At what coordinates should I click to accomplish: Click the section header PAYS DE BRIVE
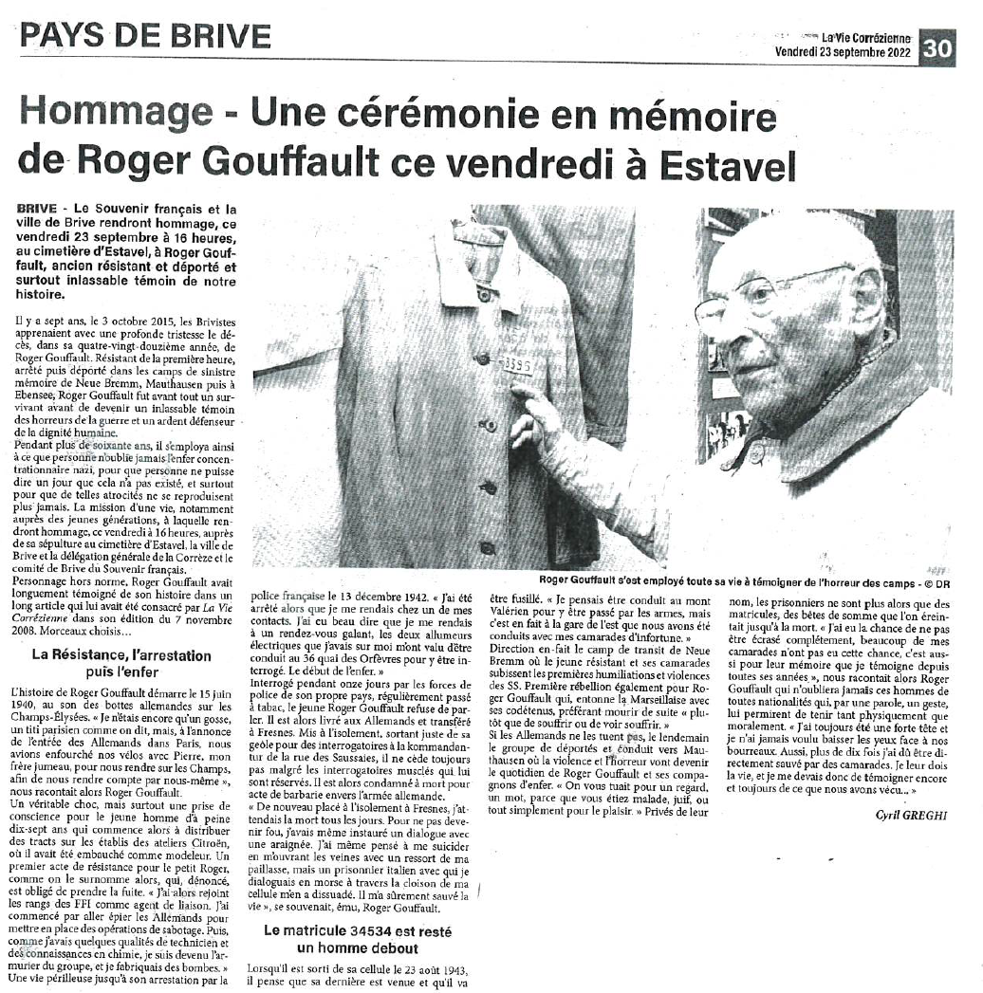pyautogui.click(x=145, y=35)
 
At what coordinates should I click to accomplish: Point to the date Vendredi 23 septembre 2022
pyautogui.click(x=843, y=52)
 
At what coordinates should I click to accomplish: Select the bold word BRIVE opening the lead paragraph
pyautogui.click(x=36, y=208)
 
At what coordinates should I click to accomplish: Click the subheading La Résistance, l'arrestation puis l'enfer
pyautogui.click(x=121, y=664)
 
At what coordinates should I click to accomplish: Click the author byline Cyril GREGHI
pyautogui.click(x=911, y=815)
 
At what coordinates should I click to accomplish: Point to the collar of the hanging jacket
pyautogui.click(x=474, y=248)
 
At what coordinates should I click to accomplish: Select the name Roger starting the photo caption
pyautogui.click(x=555, y=579)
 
